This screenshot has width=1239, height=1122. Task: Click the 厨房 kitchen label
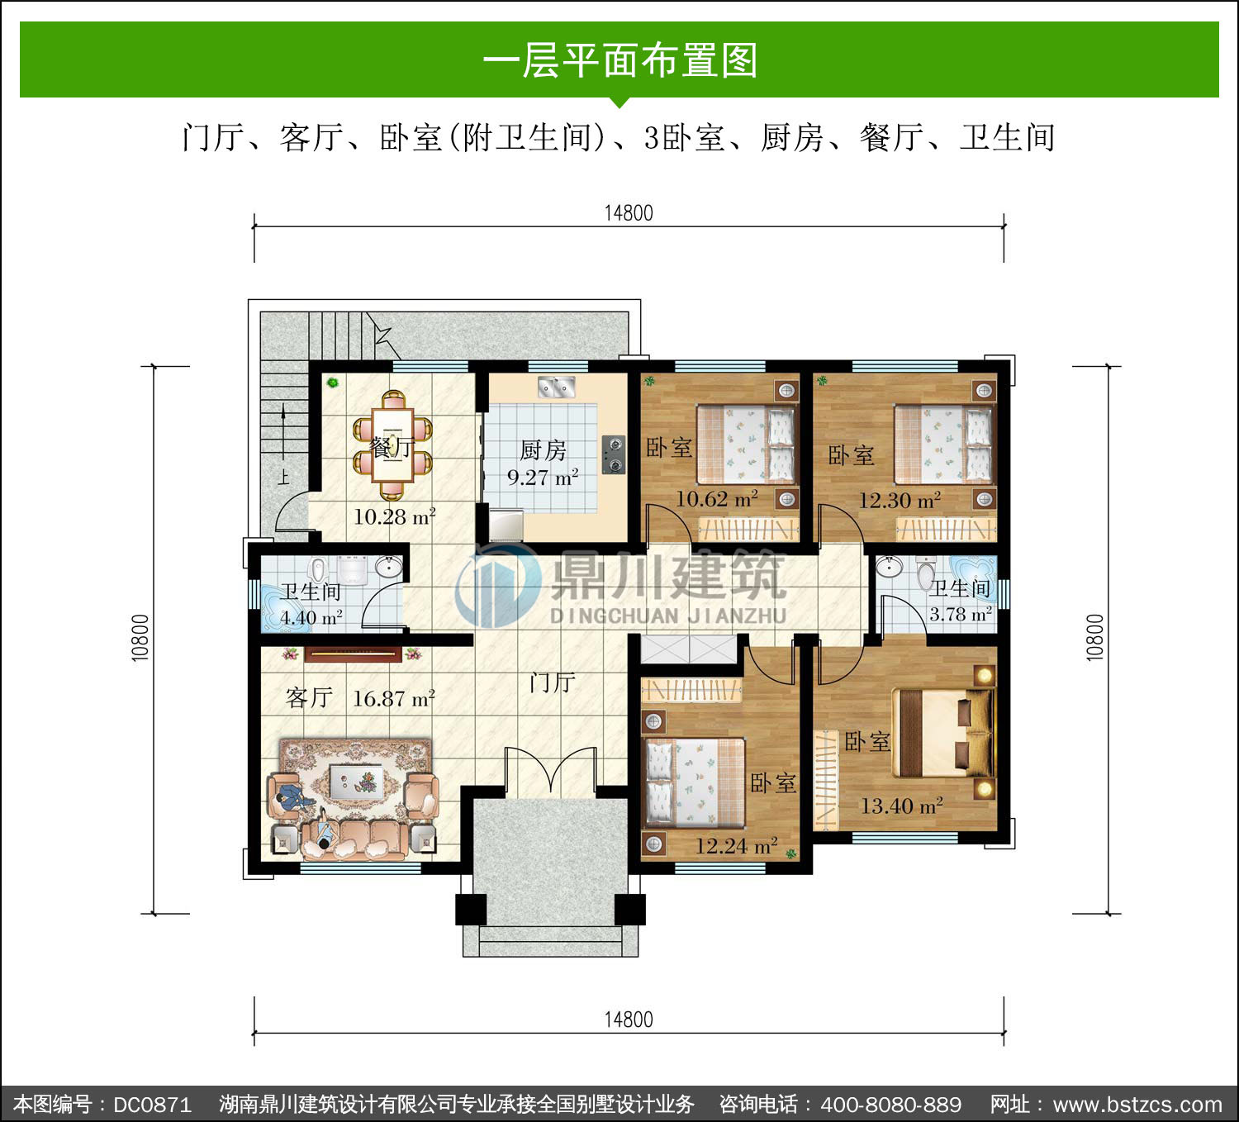pos(543,450)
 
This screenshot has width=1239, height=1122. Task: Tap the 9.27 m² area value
pos(543,477)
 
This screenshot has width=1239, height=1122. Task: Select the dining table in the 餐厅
pos(392,445)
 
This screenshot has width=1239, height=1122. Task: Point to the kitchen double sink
pos(557,387)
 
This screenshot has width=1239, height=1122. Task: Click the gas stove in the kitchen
pos(614,454)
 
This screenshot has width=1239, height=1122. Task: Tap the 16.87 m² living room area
pos(394,699)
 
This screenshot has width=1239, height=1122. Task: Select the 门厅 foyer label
pos(552,682)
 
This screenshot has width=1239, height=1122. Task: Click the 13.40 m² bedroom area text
pos(902,806)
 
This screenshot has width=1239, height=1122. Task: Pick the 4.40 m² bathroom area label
pos(311,617)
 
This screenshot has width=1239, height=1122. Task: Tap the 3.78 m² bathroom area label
pos(961,614)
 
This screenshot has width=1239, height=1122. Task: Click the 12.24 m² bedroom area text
pos(736,846)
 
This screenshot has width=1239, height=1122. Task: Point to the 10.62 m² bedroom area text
pos(716,499)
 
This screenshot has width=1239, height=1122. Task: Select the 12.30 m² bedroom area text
pos(900,501)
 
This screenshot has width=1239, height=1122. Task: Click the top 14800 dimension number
pos(628,213)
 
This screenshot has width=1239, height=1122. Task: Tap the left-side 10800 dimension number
pos(140,638)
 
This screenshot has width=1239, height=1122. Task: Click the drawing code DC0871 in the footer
pos(152,1104)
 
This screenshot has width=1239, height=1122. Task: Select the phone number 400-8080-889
pos(890,1104)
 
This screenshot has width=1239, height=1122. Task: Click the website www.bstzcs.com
pos(1137,1104)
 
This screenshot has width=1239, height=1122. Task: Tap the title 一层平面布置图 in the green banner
pos(619,60)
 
